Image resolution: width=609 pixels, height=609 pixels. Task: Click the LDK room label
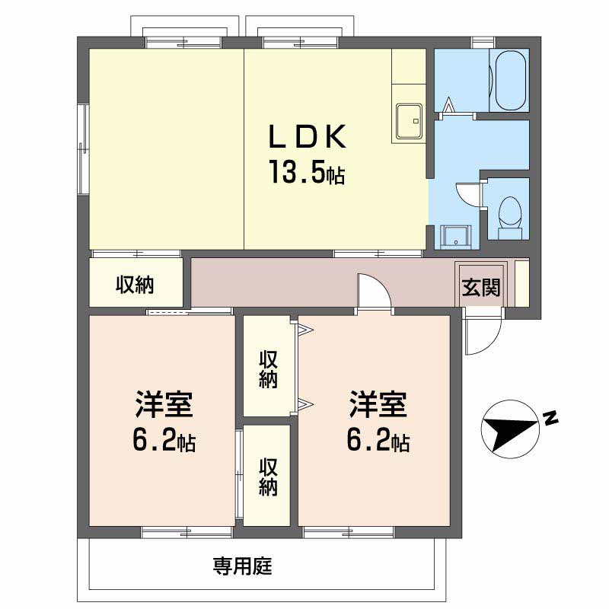point(307,136)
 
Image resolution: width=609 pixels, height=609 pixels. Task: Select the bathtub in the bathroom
point(511,81)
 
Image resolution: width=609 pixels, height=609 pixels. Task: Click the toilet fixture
point(509,218)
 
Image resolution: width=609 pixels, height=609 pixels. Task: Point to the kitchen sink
point(409,121)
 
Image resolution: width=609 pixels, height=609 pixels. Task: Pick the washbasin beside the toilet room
point(456,237)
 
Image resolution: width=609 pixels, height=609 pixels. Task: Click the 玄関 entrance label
point(481,288)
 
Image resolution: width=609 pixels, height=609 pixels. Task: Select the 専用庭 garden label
point(242,566)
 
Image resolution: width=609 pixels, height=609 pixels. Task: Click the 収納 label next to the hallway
point(135,285)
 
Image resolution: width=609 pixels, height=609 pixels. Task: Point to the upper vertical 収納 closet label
point(269,369)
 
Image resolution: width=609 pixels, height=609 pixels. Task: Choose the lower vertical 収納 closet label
point(269,477)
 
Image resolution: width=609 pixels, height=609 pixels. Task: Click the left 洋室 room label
point(164,404)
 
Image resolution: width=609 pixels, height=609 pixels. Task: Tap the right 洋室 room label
point(378,404)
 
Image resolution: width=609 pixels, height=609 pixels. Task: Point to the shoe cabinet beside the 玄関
point(521,282)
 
